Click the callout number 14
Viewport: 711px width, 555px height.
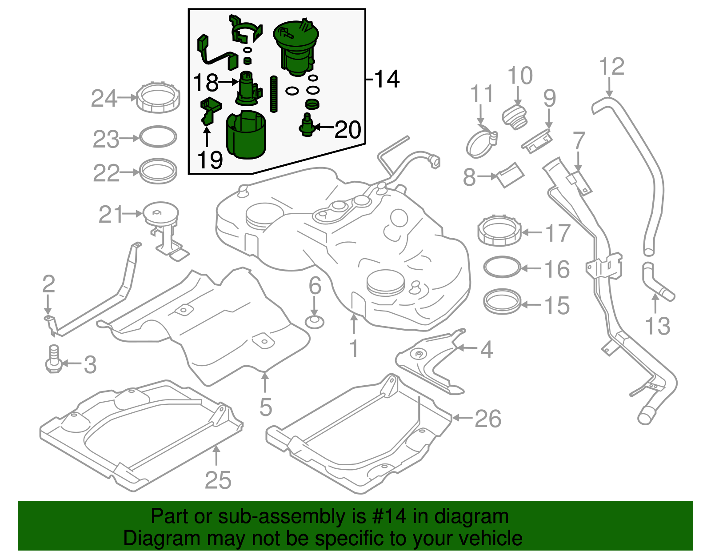tap(387, 79)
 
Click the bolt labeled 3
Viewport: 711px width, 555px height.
tap(53, 359)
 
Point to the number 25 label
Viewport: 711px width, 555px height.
tap(218, 480)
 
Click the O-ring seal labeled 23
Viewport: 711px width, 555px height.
tap(158, 137)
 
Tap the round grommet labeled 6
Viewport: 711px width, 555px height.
tap(315, 321)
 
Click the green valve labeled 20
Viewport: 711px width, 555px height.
tap(307, 125)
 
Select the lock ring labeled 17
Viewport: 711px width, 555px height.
tap(499, 230)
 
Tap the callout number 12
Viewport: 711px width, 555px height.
tap(611, 67)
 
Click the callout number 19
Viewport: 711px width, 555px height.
tap(210, 160)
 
